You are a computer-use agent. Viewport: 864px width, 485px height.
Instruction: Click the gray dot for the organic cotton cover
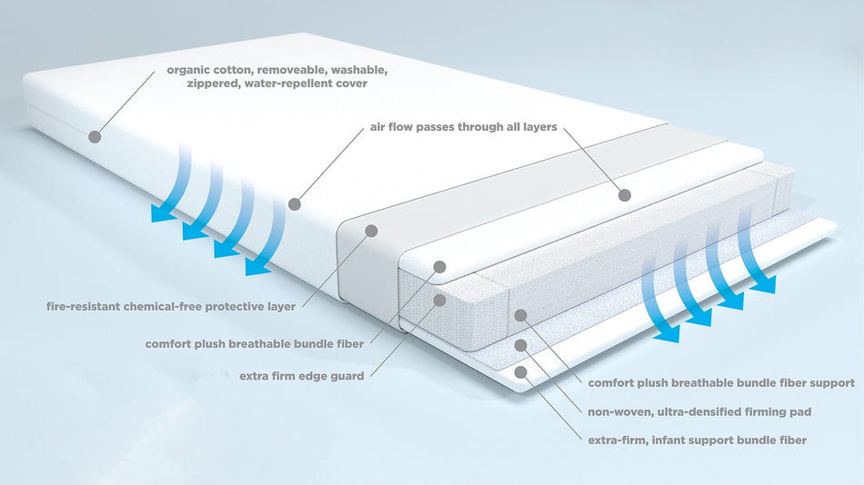94,136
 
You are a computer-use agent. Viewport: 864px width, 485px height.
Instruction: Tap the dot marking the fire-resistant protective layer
371,231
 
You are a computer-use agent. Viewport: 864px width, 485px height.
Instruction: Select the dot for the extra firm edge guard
439,300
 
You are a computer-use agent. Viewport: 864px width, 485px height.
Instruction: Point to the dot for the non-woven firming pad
521,345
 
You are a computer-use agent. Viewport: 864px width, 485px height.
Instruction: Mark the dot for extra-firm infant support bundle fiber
521,371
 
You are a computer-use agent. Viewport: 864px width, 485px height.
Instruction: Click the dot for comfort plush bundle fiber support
521,315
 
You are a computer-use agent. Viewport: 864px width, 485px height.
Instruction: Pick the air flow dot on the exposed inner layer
624,194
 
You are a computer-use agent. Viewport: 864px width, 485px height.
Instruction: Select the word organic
191,69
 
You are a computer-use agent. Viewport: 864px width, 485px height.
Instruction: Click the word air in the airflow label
379,127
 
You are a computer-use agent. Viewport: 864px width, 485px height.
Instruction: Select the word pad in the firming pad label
799,411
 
